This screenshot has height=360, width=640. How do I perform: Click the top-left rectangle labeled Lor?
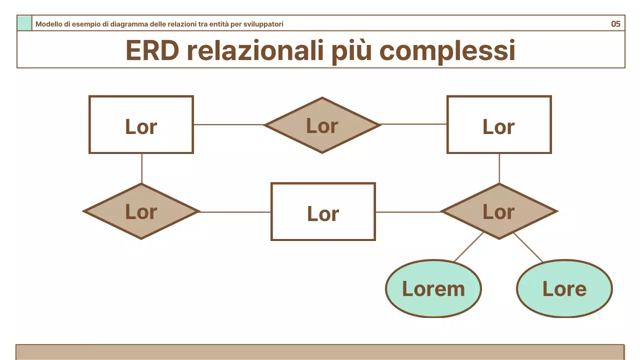pyautogui.click(x=141, y=124)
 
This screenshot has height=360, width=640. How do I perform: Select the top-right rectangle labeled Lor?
pyautogui.click(x=499, y=124)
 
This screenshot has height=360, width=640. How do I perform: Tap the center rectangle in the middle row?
pyautogui.click(x=323, y=211)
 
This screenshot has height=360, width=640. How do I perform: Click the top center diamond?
pyautogui.click(x=322, y=125)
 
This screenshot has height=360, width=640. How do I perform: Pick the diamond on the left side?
pyautogui.click(x=141, y=211)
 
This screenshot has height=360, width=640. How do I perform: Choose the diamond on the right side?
pyautogui.click(x=499, y=211)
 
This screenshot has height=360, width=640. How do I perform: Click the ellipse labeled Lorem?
pyautogui.click(x=433, y=288)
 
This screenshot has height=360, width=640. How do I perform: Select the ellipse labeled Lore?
pyautogui.click(x=564, y=288)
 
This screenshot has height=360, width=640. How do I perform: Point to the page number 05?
pyautogui.click(x=615, y=23)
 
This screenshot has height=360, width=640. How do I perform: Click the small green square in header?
pyautogui.click(x=24, y=23)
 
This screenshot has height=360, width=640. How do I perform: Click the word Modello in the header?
pyautogui.click(x=49, y=24)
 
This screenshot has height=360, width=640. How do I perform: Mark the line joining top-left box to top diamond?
pyautogui.click(x=228, y=124)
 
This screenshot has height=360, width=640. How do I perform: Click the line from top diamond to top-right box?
pyautogui.click(x=413, y=124)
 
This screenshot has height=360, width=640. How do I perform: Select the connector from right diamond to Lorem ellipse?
pyautogui.click(x=468, y=247)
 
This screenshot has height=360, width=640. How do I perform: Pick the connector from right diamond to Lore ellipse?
pyautogui.click(x=528, y=247)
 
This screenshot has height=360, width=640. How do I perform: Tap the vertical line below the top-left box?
pyautogui.click(x=141, y=168)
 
